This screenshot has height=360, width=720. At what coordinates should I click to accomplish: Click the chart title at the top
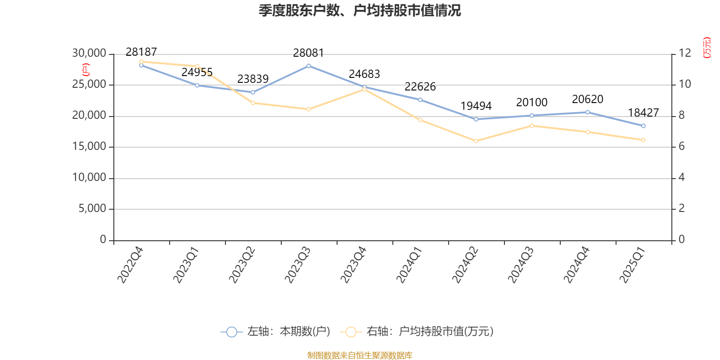[x=360, y=10]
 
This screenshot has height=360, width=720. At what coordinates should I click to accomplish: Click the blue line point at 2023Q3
[x=309, y=66]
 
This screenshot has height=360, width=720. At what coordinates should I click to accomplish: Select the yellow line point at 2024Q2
[x=476, y=141]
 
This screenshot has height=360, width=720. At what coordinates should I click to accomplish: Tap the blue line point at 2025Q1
[x=643, y=126]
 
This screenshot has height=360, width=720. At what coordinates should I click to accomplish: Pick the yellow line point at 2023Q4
[x=364, y=89]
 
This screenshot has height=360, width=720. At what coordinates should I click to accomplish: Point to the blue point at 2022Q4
[x=141, y=65]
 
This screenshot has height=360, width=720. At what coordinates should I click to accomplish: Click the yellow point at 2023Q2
[x=253, y=103]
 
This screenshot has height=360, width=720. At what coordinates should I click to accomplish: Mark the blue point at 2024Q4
[x=588, y=112]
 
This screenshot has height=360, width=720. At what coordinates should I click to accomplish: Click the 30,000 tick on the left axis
[x=89, y=54]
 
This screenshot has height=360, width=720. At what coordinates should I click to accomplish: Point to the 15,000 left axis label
[x=89, y=147]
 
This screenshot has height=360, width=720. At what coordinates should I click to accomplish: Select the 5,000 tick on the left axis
[x=92, y=209]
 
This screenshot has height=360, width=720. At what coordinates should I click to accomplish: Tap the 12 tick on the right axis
[x=685, y=54]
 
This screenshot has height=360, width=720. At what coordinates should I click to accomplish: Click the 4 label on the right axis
[x=682, y=178]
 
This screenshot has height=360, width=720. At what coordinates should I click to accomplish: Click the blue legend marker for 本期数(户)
[x=231, y=332]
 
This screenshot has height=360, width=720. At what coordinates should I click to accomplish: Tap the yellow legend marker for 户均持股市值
[x=351, y=332]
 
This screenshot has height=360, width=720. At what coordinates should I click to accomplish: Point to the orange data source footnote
[x=360, y=355]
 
